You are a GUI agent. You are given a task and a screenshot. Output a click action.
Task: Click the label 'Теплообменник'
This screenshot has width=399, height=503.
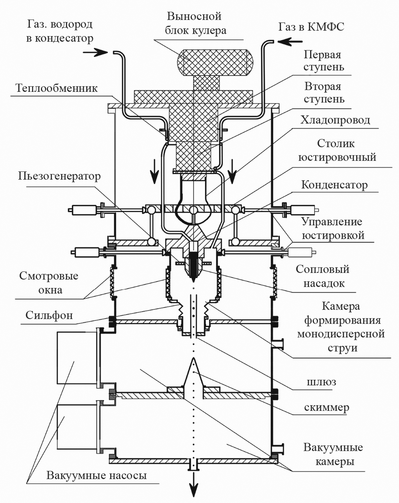[x=57, y=89]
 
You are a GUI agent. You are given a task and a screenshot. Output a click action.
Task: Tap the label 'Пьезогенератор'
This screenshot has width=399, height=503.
[x=59, y=176]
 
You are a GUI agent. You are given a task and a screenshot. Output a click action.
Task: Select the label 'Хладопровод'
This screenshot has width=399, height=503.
[x=335, y=120]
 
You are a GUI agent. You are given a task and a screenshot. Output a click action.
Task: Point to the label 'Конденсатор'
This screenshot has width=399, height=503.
[x=334, y=185]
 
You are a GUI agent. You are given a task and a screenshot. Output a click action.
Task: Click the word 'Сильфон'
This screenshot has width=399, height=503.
[x=49, y=315]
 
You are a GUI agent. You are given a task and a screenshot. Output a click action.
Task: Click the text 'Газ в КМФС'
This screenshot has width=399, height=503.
[x=311, y=27]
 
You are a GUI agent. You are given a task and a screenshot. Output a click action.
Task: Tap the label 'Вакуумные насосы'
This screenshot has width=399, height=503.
[x=97, y=475]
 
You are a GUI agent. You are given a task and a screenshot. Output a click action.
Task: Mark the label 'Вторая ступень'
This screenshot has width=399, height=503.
[x=324, y=93]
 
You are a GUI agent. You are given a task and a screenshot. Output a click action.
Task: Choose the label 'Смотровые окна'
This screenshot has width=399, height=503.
[x=49, y=283]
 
